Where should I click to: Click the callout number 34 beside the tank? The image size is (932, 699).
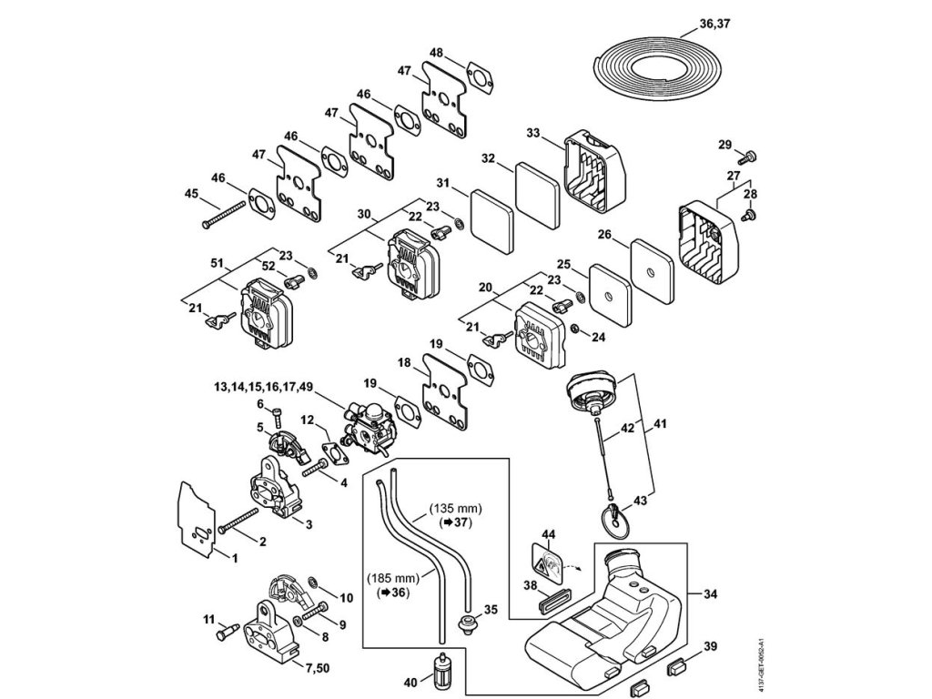pyautogui.click(x=710, y=594)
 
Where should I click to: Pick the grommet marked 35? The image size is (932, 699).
pyautogui.click(x=471, y=623)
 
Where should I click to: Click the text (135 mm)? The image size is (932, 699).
pyautogui.click(x=456, y=507)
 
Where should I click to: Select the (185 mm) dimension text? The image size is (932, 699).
pyautogui.click(x=393, y=577)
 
